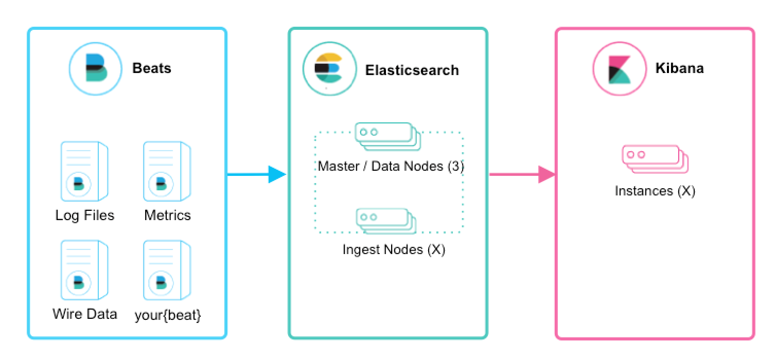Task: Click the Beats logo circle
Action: (96, 69)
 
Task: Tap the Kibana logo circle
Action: (619, 69)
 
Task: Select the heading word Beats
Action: (152, 68)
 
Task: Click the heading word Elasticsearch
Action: (412, 70)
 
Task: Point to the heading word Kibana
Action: (679, 68)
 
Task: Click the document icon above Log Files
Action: (84, 172)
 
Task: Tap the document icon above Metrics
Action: (167, 172)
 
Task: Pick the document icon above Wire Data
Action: (84, 269)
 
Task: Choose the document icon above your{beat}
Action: (167, 269)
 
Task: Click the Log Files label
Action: (85, 215)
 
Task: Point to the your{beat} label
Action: (168, 315)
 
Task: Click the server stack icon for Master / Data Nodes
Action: (387, 136)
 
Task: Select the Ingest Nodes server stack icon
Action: (386, 221)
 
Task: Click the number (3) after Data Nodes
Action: (455, 166)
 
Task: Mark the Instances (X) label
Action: (655, 191)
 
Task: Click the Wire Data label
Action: (85, 314)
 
